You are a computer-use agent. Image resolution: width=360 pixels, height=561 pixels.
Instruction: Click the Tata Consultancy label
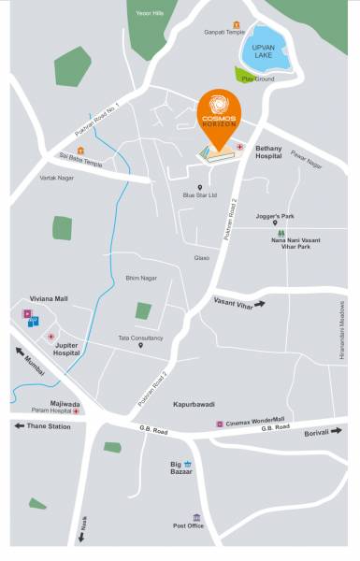[140, 337]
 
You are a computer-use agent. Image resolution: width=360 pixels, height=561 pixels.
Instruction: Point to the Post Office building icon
[196, 516]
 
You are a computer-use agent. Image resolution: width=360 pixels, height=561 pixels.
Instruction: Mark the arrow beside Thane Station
[19, 425]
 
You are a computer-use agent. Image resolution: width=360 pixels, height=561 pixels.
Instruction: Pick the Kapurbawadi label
[193, 405]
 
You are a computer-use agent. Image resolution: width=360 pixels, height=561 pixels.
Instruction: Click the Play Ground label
[257, 79]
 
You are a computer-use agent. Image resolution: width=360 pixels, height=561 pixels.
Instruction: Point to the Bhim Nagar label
[141, 278]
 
